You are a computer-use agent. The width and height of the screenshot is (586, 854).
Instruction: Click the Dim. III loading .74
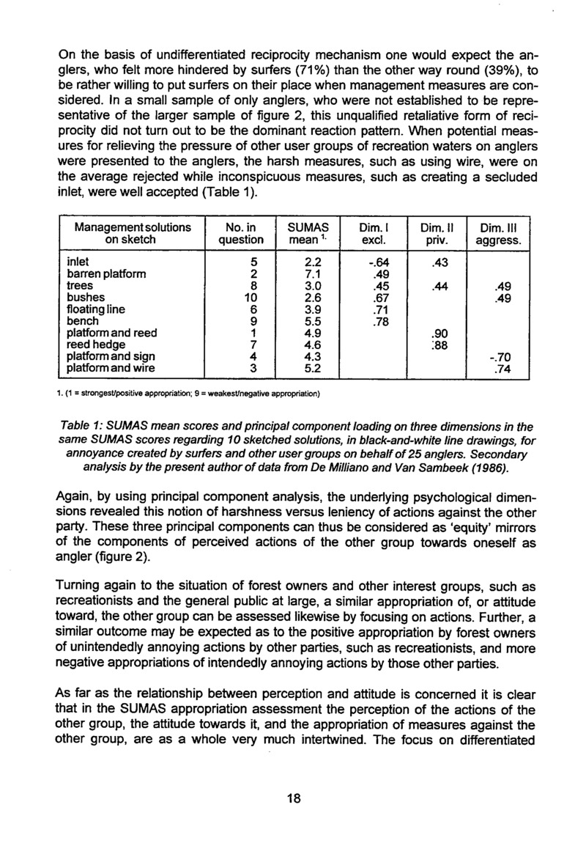pos(503,369)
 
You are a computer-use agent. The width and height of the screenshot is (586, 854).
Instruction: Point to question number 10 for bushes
pos(234,299)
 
